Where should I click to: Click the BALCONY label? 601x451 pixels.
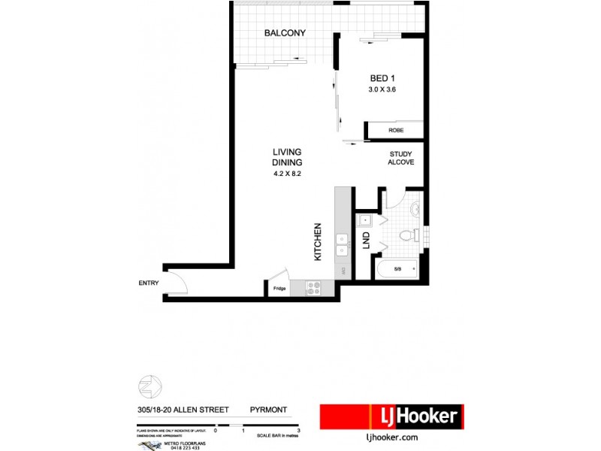(285, 33)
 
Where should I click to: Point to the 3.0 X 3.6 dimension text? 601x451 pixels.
(382, 89)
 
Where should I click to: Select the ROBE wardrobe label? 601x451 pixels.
(395, 131)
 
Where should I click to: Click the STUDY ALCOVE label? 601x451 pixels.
(400, 159)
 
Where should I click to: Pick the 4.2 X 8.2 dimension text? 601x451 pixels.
(287, 174)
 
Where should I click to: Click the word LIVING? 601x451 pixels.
(287, 153)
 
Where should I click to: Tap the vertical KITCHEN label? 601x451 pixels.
(318, 241)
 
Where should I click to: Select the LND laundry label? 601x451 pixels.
(367, 241)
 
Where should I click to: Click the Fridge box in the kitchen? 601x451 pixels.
(279, 289)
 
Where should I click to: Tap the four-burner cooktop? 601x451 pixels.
(313, 287)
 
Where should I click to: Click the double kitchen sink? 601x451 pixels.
(342, 244)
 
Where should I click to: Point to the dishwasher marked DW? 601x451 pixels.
(342, 271)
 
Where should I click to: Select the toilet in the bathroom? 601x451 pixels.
(408, 235)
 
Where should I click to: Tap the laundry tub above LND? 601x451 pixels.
(365, 220)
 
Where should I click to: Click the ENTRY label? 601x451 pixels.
(149, 283)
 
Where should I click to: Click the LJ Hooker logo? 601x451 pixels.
(391, 416)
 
